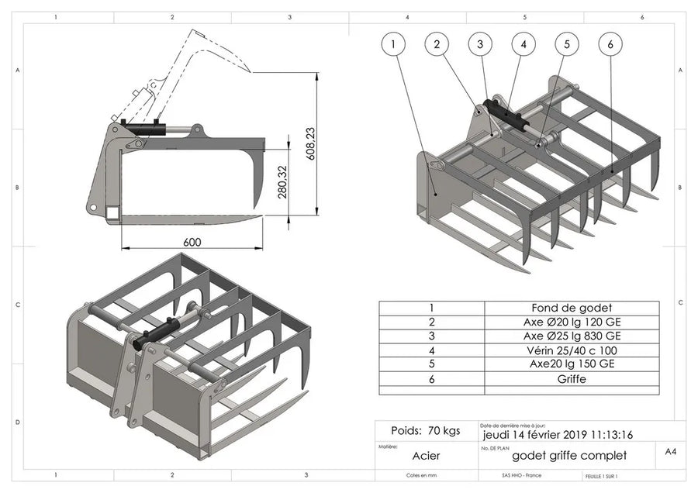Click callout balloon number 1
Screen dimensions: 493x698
(394, 44)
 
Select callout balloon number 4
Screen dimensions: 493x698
(523, 44)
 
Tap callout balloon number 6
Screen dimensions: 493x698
(610, 44)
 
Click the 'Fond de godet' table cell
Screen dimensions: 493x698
(572, 307)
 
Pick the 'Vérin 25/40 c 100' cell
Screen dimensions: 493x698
(572, 350)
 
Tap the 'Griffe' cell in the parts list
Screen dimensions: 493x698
(572, 379)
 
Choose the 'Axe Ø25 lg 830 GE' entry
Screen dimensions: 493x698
(572, 336)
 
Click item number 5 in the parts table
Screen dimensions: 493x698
(431, 364)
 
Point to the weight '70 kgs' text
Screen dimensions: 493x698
(426, 430)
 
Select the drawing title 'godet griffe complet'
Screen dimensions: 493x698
(569, 456)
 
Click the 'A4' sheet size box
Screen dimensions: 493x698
(671, 450)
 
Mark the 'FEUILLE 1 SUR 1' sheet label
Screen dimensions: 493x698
(605, 476)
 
